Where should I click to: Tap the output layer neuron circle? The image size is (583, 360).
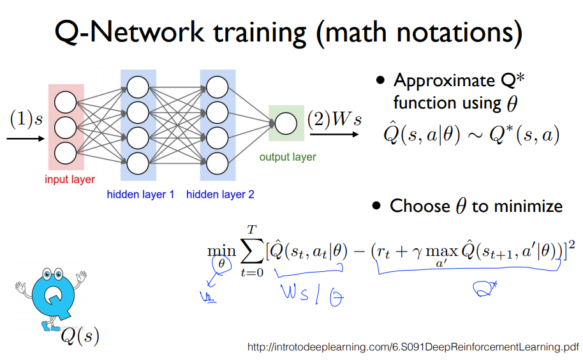point(286,123)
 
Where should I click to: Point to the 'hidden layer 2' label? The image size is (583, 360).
point(220,195)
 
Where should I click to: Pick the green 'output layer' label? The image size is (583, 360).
point(288,157)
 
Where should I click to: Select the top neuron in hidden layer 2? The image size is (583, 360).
point(218,86)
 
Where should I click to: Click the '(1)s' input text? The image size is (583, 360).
point(26,119)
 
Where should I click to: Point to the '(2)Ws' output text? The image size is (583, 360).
point(334,119)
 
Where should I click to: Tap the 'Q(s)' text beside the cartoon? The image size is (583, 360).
point(80,336)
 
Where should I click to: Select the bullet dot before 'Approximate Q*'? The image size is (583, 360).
point(381,81)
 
